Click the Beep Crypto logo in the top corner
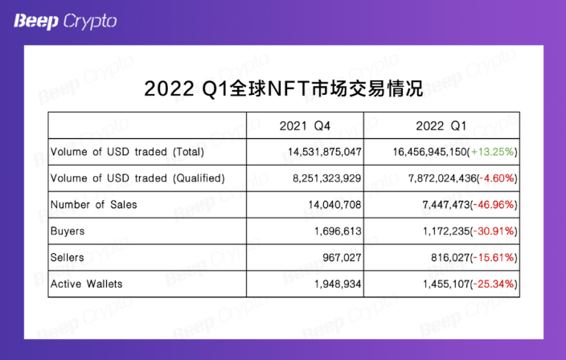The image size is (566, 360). tap(65, 22)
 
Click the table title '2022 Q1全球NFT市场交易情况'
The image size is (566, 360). tap(283, 88)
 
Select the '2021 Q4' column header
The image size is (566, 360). tap(305, 126)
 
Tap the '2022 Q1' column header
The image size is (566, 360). tap(441, 126)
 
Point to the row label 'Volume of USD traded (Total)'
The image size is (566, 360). tap(127, 152)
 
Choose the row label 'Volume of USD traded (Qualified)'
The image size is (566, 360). tap(137, 178)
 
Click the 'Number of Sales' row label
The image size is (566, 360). tap(93, 205)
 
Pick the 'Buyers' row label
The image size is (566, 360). tap(68, 231)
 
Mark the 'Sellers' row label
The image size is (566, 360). tap(68, 258)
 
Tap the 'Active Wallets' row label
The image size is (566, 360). tap(86, 284)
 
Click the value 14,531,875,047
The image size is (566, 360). tap(325, 152)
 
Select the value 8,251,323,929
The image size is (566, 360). tap(326, 178)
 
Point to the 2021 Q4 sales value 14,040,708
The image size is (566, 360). tap(334, 205)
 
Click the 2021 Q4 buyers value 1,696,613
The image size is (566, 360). tap(338, 231)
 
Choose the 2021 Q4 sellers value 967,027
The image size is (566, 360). tap(342, 258)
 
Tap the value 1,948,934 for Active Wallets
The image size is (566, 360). tap(338, 284)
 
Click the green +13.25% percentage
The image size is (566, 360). tap(492, 152)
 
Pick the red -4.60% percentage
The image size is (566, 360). tap(497, 178)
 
